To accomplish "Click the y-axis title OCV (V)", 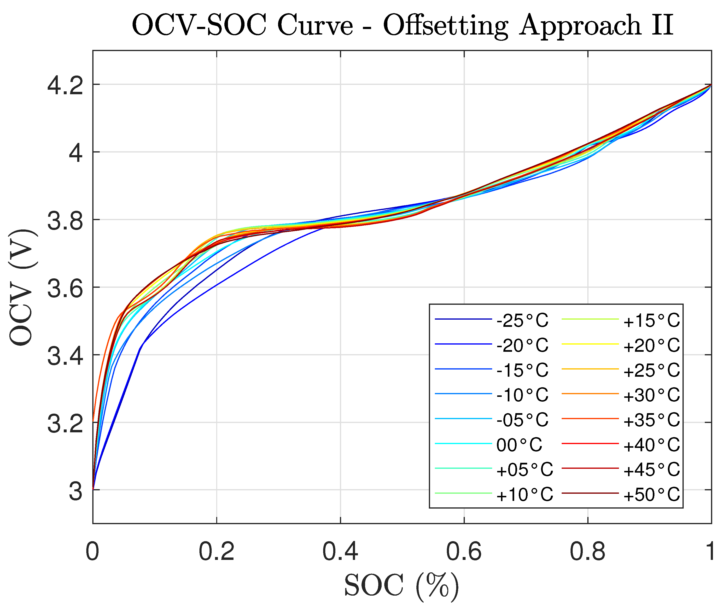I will [x=21, y=287].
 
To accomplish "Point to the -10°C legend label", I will [x=522, y=395].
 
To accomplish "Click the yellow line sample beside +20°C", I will [x=590, y=344].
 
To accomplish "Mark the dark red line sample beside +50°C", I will [x=590, y=493].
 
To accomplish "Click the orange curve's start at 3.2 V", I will [x=93, y=421].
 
